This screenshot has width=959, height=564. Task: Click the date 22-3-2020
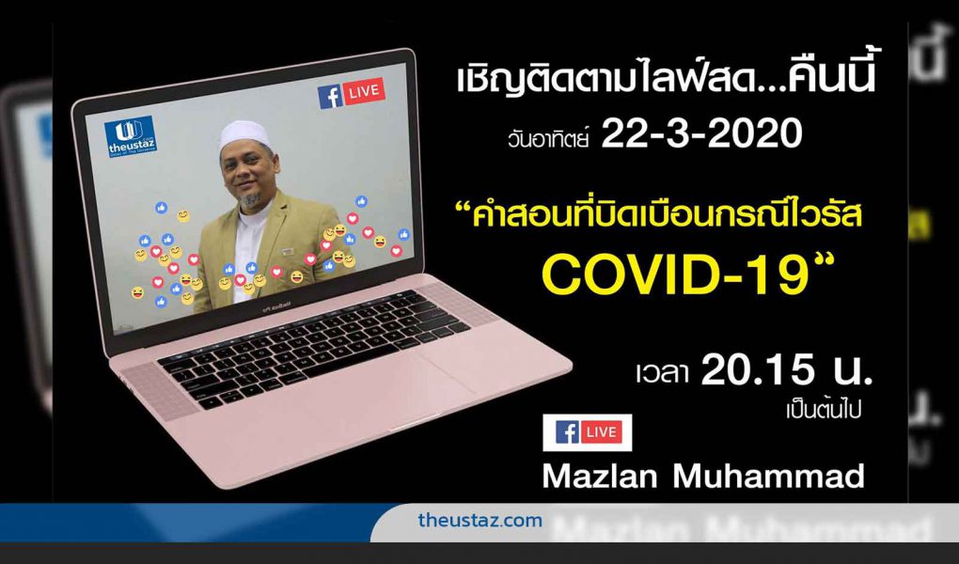[700, 134]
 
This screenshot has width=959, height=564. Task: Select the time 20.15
[758, 371]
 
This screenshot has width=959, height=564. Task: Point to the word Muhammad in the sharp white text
[768, 476]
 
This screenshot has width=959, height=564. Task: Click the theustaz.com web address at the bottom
[480, 521]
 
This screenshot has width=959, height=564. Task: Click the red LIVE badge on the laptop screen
[365, 92]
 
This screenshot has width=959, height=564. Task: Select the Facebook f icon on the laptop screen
[330, 97]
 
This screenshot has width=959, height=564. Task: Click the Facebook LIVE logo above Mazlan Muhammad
[587, 432]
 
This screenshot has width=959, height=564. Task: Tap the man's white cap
[245, 134]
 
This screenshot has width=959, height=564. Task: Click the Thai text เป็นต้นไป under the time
[824, 410]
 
